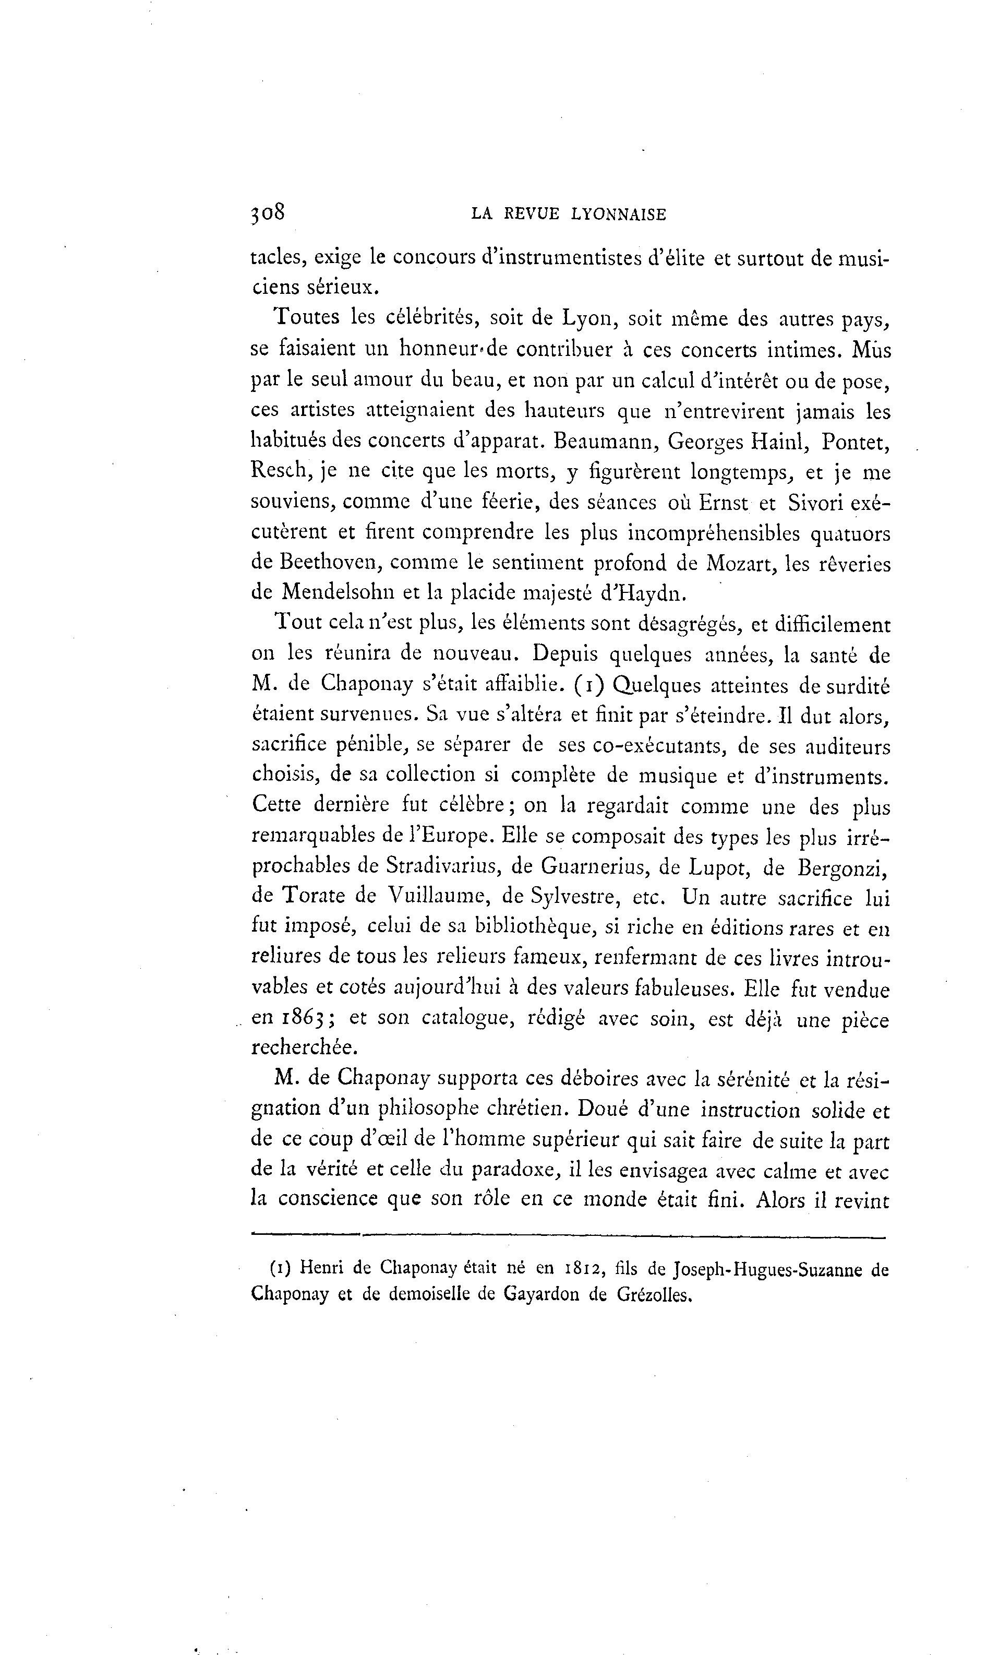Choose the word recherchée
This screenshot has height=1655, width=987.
coord(305,1047)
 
